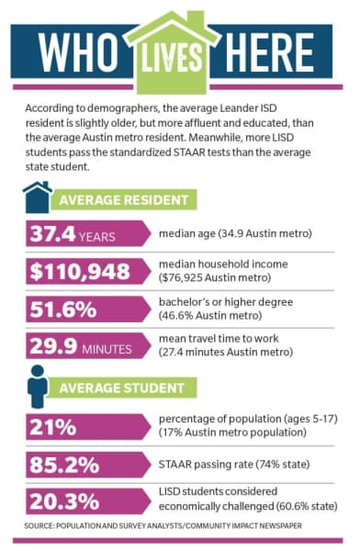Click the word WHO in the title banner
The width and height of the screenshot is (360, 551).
(x=77, y=52)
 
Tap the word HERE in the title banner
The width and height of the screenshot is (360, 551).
(x=269, y=52)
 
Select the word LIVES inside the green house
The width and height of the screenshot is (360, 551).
(x=172, y=57)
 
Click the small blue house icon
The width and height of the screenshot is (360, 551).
(x=38, y=197)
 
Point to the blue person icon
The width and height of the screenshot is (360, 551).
(x=38, y=387)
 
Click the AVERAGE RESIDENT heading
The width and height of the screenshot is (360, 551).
(x=124, y=200)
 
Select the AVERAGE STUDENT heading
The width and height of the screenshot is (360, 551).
(x=121, y=388)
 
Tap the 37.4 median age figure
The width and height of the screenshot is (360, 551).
(x=52, y=233)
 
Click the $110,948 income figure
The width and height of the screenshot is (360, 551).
(x=80, y=272)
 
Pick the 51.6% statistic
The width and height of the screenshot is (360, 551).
(x=63, y=309)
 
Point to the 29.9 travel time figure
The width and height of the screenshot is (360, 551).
(x=53, y=346)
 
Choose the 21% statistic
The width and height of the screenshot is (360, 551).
(x=52, y=427)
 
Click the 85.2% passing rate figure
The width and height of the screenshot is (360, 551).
(x=64, y=465)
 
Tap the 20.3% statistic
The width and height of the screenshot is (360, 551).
(x=64, y=501)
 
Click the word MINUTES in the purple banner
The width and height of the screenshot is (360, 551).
(x=107, y=349)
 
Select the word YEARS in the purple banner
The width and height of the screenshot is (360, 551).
(x=97, y=237)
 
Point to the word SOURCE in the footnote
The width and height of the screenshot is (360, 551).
(x=39, y=525)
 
